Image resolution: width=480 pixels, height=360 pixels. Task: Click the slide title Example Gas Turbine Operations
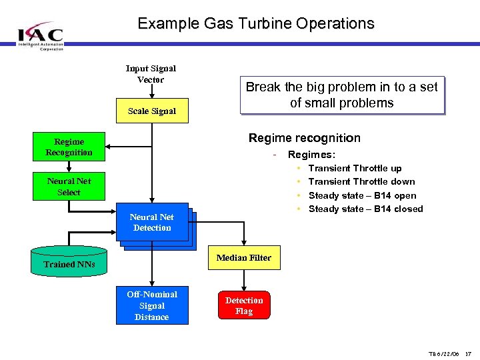[256, 23]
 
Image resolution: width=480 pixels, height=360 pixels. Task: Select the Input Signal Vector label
[151, 74]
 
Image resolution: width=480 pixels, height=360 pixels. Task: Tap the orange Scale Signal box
[152, 111]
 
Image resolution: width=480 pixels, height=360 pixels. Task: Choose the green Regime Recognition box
[69, 147]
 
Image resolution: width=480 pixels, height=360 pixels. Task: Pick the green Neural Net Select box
[69, 186]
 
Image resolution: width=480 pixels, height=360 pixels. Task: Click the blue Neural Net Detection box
[152, 223]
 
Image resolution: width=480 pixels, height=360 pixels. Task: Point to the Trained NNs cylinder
[69, 263]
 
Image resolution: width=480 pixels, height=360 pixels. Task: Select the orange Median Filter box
[244, 257]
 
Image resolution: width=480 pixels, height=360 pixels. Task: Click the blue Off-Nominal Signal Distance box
[152, 305]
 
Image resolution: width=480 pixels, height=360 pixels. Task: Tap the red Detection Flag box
[244, 306]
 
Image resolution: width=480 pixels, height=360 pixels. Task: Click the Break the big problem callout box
[341, 95]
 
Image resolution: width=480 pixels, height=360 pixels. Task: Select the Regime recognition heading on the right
[304, 138]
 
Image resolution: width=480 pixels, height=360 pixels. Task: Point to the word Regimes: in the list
[311, 155]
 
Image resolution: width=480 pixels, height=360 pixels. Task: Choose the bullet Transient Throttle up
[355, 168]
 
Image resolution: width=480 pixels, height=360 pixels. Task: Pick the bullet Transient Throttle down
[361, 181]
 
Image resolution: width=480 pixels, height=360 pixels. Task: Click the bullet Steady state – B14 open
[362, 195]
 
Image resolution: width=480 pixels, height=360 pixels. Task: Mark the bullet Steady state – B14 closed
[365, 209]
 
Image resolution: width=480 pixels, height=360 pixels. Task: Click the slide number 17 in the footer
[468, 353]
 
